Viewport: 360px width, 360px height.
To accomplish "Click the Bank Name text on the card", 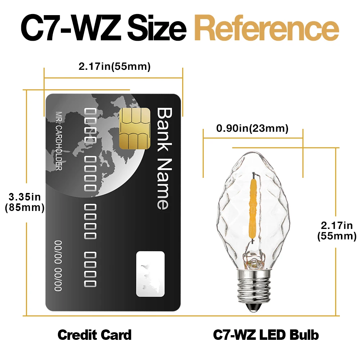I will pos(163,158).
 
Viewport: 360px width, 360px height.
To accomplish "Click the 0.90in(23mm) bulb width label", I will pos(252,129).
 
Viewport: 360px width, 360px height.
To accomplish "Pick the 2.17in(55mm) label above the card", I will pos(114,67).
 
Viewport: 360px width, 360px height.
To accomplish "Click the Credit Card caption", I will pos(95,335).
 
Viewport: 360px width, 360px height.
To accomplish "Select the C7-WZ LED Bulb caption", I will pos(266,335).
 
